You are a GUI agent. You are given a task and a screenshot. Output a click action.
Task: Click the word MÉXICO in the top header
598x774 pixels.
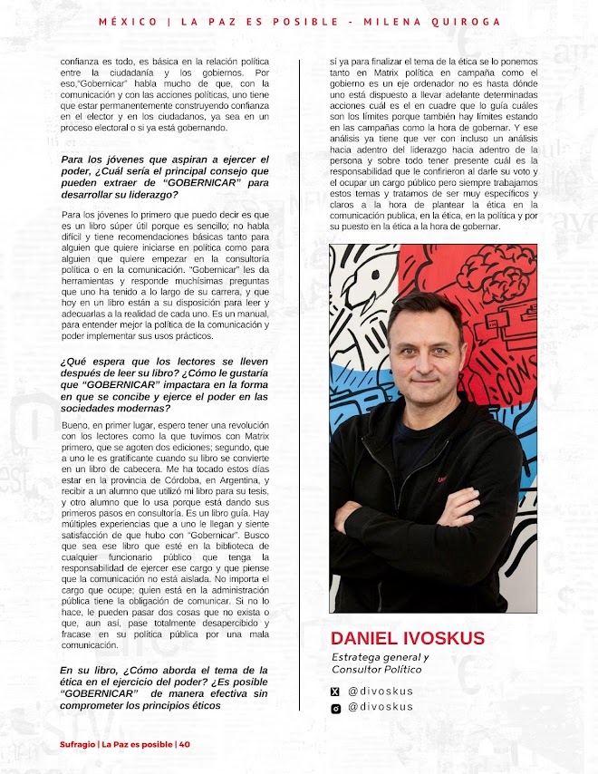pyautogui.click(x=128, y=21)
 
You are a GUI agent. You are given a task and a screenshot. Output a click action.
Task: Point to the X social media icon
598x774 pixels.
pyautogui.click(x=335, y=692)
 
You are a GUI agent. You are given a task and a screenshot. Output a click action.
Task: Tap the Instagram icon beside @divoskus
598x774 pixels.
pyautogui.click(x=335, y=708)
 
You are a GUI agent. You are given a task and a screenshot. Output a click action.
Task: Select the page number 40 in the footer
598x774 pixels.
pyautogui.click(x=185, y=744)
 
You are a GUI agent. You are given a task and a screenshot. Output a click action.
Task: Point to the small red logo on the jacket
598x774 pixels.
pyautogui.click(x=468, y=479)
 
